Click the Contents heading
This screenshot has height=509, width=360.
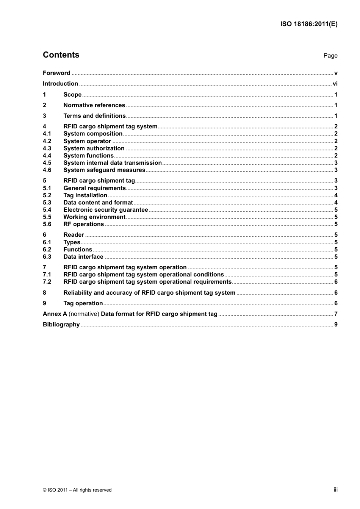pos(61,55)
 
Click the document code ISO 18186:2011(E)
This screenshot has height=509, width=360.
pos(308,24)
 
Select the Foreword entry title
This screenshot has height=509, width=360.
pos(56,73)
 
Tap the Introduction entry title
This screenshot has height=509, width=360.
pos(60,84)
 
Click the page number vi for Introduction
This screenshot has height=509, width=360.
pos(335,84)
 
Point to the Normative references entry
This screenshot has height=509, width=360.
pos(94,105)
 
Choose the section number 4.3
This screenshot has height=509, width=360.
pos(47,148)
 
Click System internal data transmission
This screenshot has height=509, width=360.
pos(113,163)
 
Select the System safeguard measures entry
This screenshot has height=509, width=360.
pos(104,170)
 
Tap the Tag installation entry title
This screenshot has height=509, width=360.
pos(85,195)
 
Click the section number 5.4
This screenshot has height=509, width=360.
pos(47,210)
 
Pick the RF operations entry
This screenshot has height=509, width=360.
pos(83,224)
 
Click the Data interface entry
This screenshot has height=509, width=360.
pos(83,257)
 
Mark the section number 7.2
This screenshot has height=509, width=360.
pos(47,282)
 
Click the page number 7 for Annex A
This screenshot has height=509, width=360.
pos(336,314)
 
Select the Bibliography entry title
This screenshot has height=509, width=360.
pos(61,325)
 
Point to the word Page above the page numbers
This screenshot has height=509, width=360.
pos(330,56)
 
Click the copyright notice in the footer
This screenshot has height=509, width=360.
pos(77,490)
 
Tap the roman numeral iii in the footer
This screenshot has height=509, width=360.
pos(335,490)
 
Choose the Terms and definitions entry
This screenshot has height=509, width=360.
pos(94,116)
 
